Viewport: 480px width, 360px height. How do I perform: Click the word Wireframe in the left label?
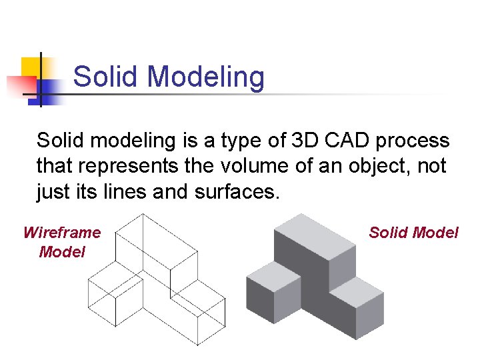point(61,233)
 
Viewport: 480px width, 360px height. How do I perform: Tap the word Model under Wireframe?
point(62,252)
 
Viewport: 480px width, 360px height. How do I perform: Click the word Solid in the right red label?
point(389,233)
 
